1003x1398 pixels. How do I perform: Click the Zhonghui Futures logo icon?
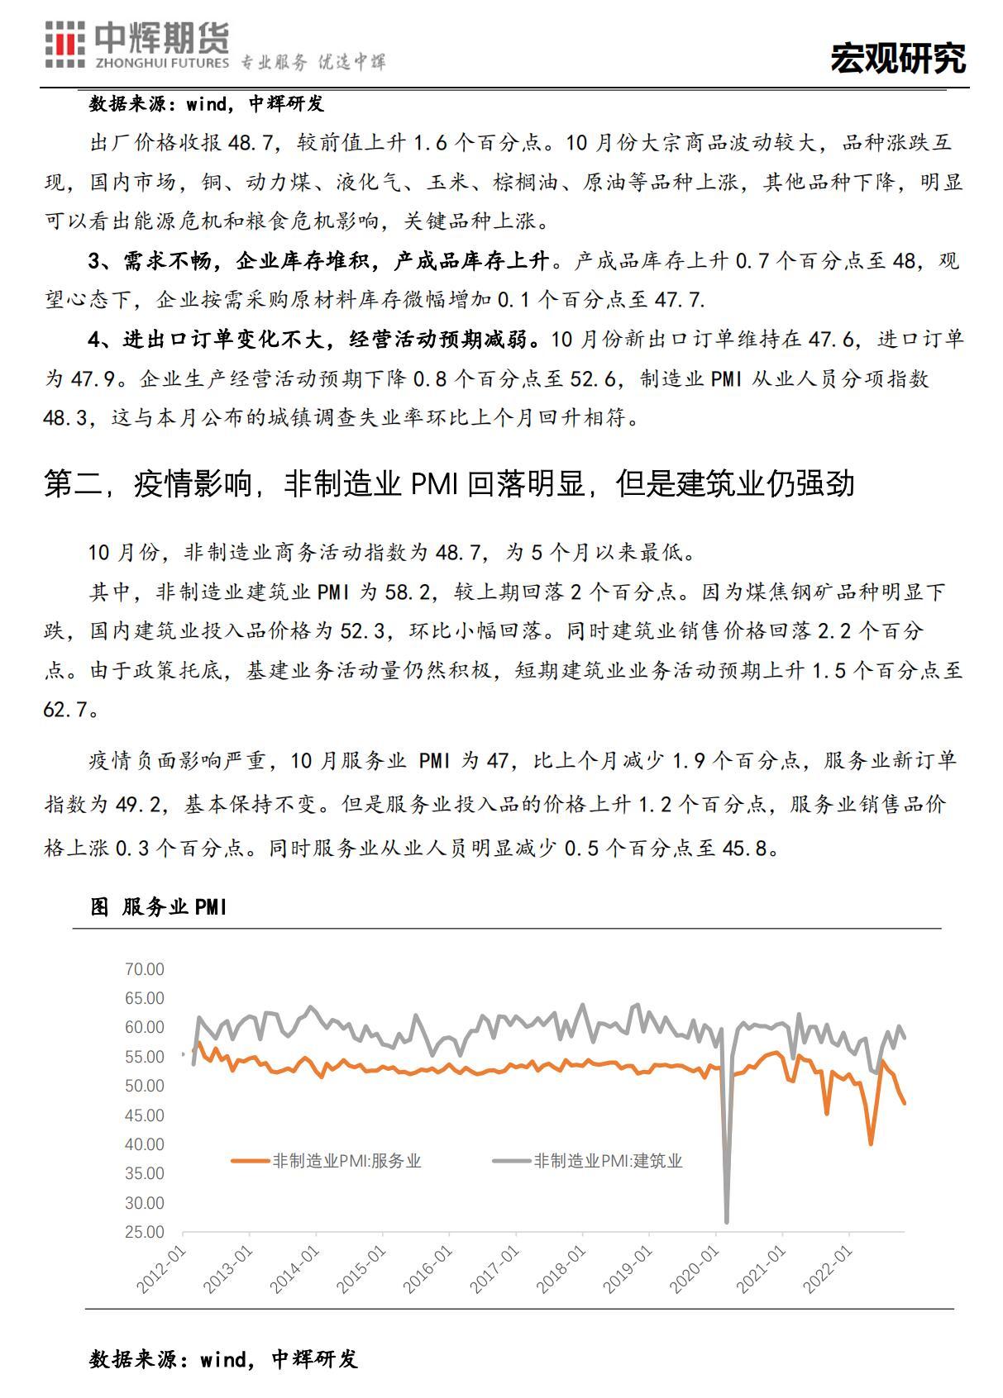64,46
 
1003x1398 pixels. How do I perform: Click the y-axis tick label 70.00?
145,969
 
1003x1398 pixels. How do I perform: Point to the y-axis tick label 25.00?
145,1232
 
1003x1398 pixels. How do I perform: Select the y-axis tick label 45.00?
145,1115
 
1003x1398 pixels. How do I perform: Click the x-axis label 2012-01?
164,1268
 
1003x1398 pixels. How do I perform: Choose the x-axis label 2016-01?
429,1268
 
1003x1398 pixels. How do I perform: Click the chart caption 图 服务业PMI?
158,907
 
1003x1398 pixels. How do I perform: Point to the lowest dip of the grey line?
726,1220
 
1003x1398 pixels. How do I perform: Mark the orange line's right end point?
904,1102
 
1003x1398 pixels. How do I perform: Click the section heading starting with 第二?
448,484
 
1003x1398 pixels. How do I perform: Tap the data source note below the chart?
223,1359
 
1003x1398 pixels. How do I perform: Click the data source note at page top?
207,103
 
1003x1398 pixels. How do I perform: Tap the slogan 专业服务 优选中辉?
313,63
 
